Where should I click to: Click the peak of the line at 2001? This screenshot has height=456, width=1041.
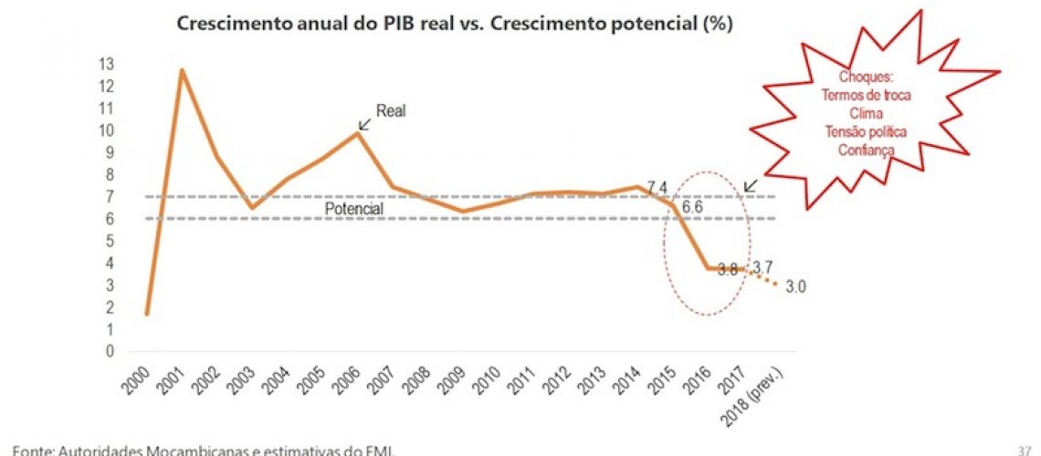(x=182, y=70)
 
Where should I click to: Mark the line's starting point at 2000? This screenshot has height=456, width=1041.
(x=146, y=314)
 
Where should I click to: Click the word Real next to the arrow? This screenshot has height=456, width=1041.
(x=391, y=111)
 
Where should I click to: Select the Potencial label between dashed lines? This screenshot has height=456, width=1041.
(x=355, y=209)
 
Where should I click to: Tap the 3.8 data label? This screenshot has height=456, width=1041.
(x=725, y=269)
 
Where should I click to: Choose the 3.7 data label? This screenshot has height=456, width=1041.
(x=763, y=266)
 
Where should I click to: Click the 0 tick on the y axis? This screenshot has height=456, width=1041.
(x=133, y=351)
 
